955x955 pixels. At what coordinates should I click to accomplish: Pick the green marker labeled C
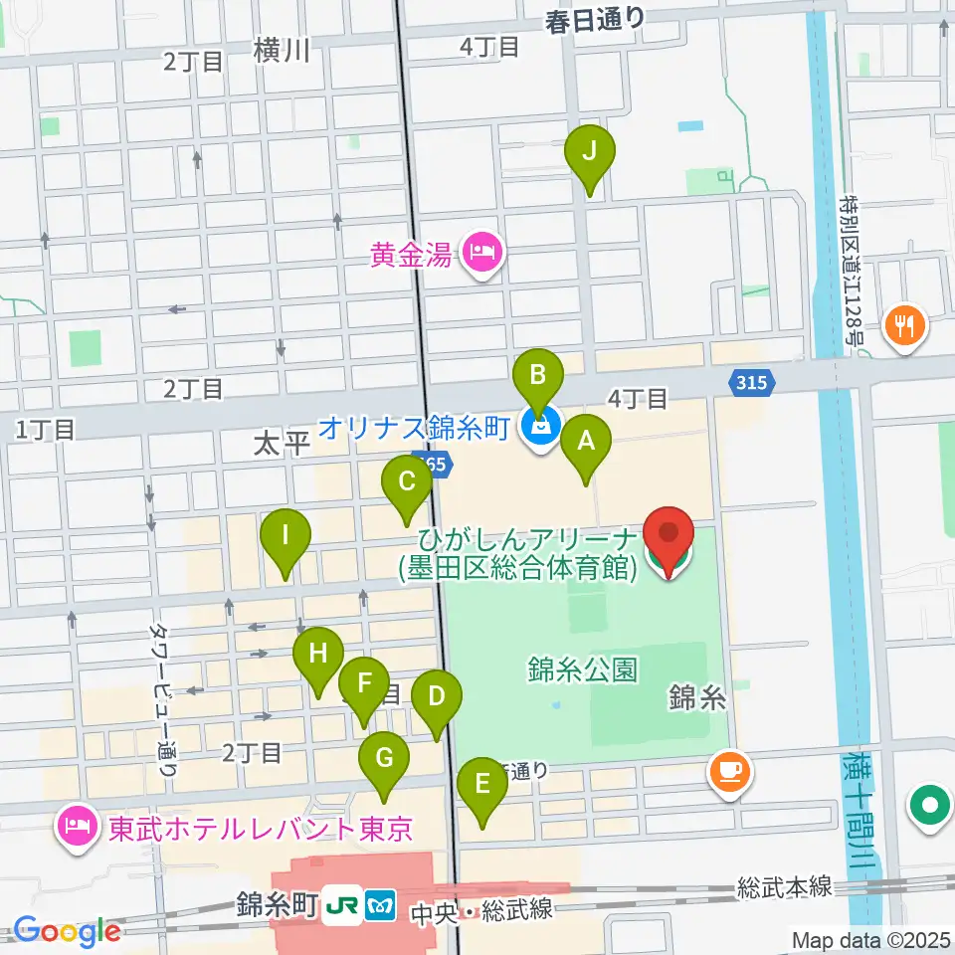(x=407, y=482)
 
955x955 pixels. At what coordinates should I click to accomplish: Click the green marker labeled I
(x=286, y=537)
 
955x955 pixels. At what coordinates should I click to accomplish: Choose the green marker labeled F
(x=364, y=684)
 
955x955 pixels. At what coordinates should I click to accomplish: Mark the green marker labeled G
(x=384, y=759)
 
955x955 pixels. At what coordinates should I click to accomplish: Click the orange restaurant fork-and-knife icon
(x=906, y=325)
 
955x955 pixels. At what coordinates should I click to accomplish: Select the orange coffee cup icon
(x=729, y=771)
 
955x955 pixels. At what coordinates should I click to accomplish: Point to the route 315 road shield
(x=752, y=381)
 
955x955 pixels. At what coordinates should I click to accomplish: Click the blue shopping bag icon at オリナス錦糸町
(x=541, y=429)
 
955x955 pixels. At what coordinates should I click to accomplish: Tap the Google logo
(x=66, y=931)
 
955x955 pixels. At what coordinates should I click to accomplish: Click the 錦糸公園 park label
(x=583, y=669)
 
